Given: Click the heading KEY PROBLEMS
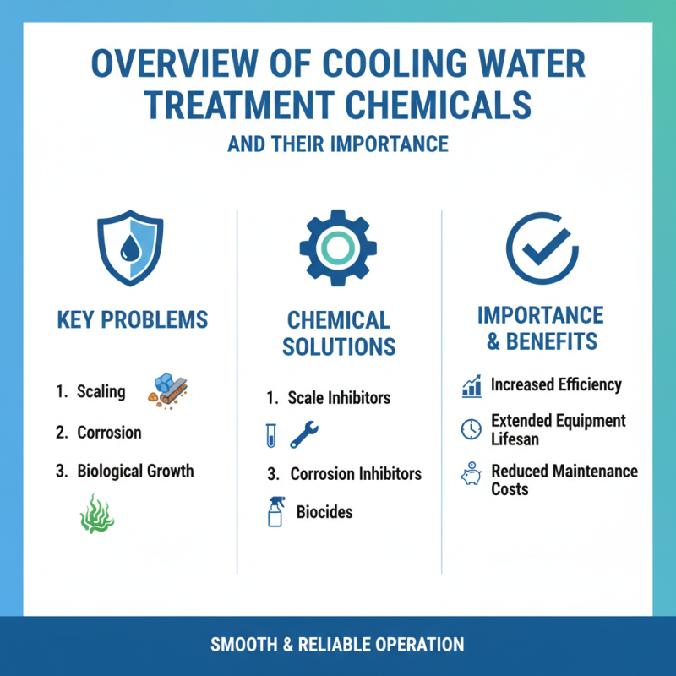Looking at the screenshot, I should [x=132, y=320].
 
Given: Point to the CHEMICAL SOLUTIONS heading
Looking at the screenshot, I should [x=338, y=334].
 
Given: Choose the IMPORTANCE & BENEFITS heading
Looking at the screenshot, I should [x=541, y=329].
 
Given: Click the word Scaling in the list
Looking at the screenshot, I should [x=101, y=391].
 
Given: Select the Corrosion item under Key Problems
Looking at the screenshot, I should [x=109, y=432].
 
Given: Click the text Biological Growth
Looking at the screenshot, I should [x=135, y=471].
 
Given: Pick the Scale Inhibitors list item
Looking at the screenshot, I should [x=339, y=397].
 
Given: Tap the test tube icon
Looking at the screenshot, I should [x=270, y=435].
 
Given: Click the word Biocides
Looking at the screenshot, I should [x=324, y=512].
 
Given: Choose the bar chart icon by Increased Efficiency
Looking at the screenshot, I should [x=472, y=386].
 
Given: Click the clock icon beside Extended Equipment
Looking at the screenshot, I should [x=471, y=428].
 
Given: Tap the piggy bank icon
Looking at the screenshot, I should [x=471, y=475].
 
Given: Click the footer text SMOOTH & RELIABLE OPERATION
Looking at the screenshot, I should [x=337, y=645].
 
